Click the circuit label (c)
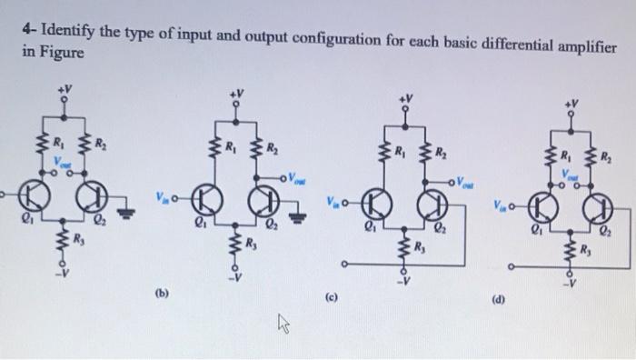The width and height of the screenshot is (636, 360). click(333, 296)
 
